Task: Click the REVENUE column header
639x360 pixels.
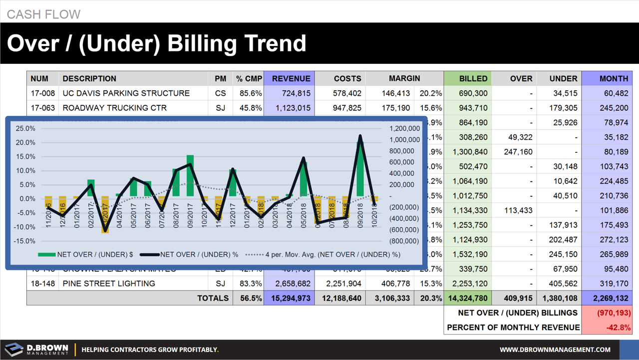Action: point(291,78)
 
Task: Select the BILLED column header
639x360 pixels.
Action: point(473,78)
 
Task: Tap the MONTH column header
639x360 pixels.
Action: point(614,78)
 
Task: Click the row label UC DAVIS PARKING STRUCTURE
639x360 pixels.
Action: point(126,93)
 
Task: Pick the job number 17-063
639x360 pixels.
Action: point(42,108)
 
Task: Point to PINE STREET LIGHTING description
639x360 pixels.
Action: point(109,284)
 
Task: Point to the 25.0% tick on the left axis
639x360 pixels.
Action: point(25,128)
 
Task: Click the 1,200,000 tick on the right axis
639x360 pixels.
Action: point(404,128)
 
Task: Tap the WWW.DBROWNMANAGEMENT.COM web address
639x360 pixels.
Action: point(555,350)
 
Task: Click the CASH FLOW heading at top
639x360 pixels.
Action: point(43,14)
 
